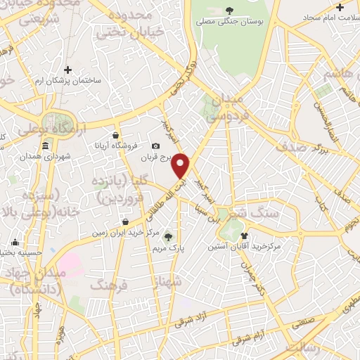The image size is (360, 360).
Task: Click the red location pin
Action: pyautogui.click(x=181, y=165)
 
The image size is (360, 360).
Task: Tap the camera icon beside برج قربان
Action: pyautogui.click(x=155, y=146)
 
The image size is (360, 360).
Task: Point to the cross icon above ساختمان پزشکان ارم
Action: pyautogui.click(x=68, y=70)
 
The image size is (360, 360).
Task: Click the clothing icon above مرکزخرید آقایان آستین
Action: pyautogui.click(x=244, y=236)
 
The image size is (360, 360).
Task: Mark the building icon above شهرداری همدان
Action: pyautogui.click(x=46, y=146)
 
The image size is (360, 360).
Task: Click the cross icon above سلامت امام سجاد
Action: pyautogui.click(x=340, y=8)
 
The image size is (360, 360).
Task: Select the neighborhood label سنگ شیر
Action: pyautogui.click(x=254, y=211)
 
